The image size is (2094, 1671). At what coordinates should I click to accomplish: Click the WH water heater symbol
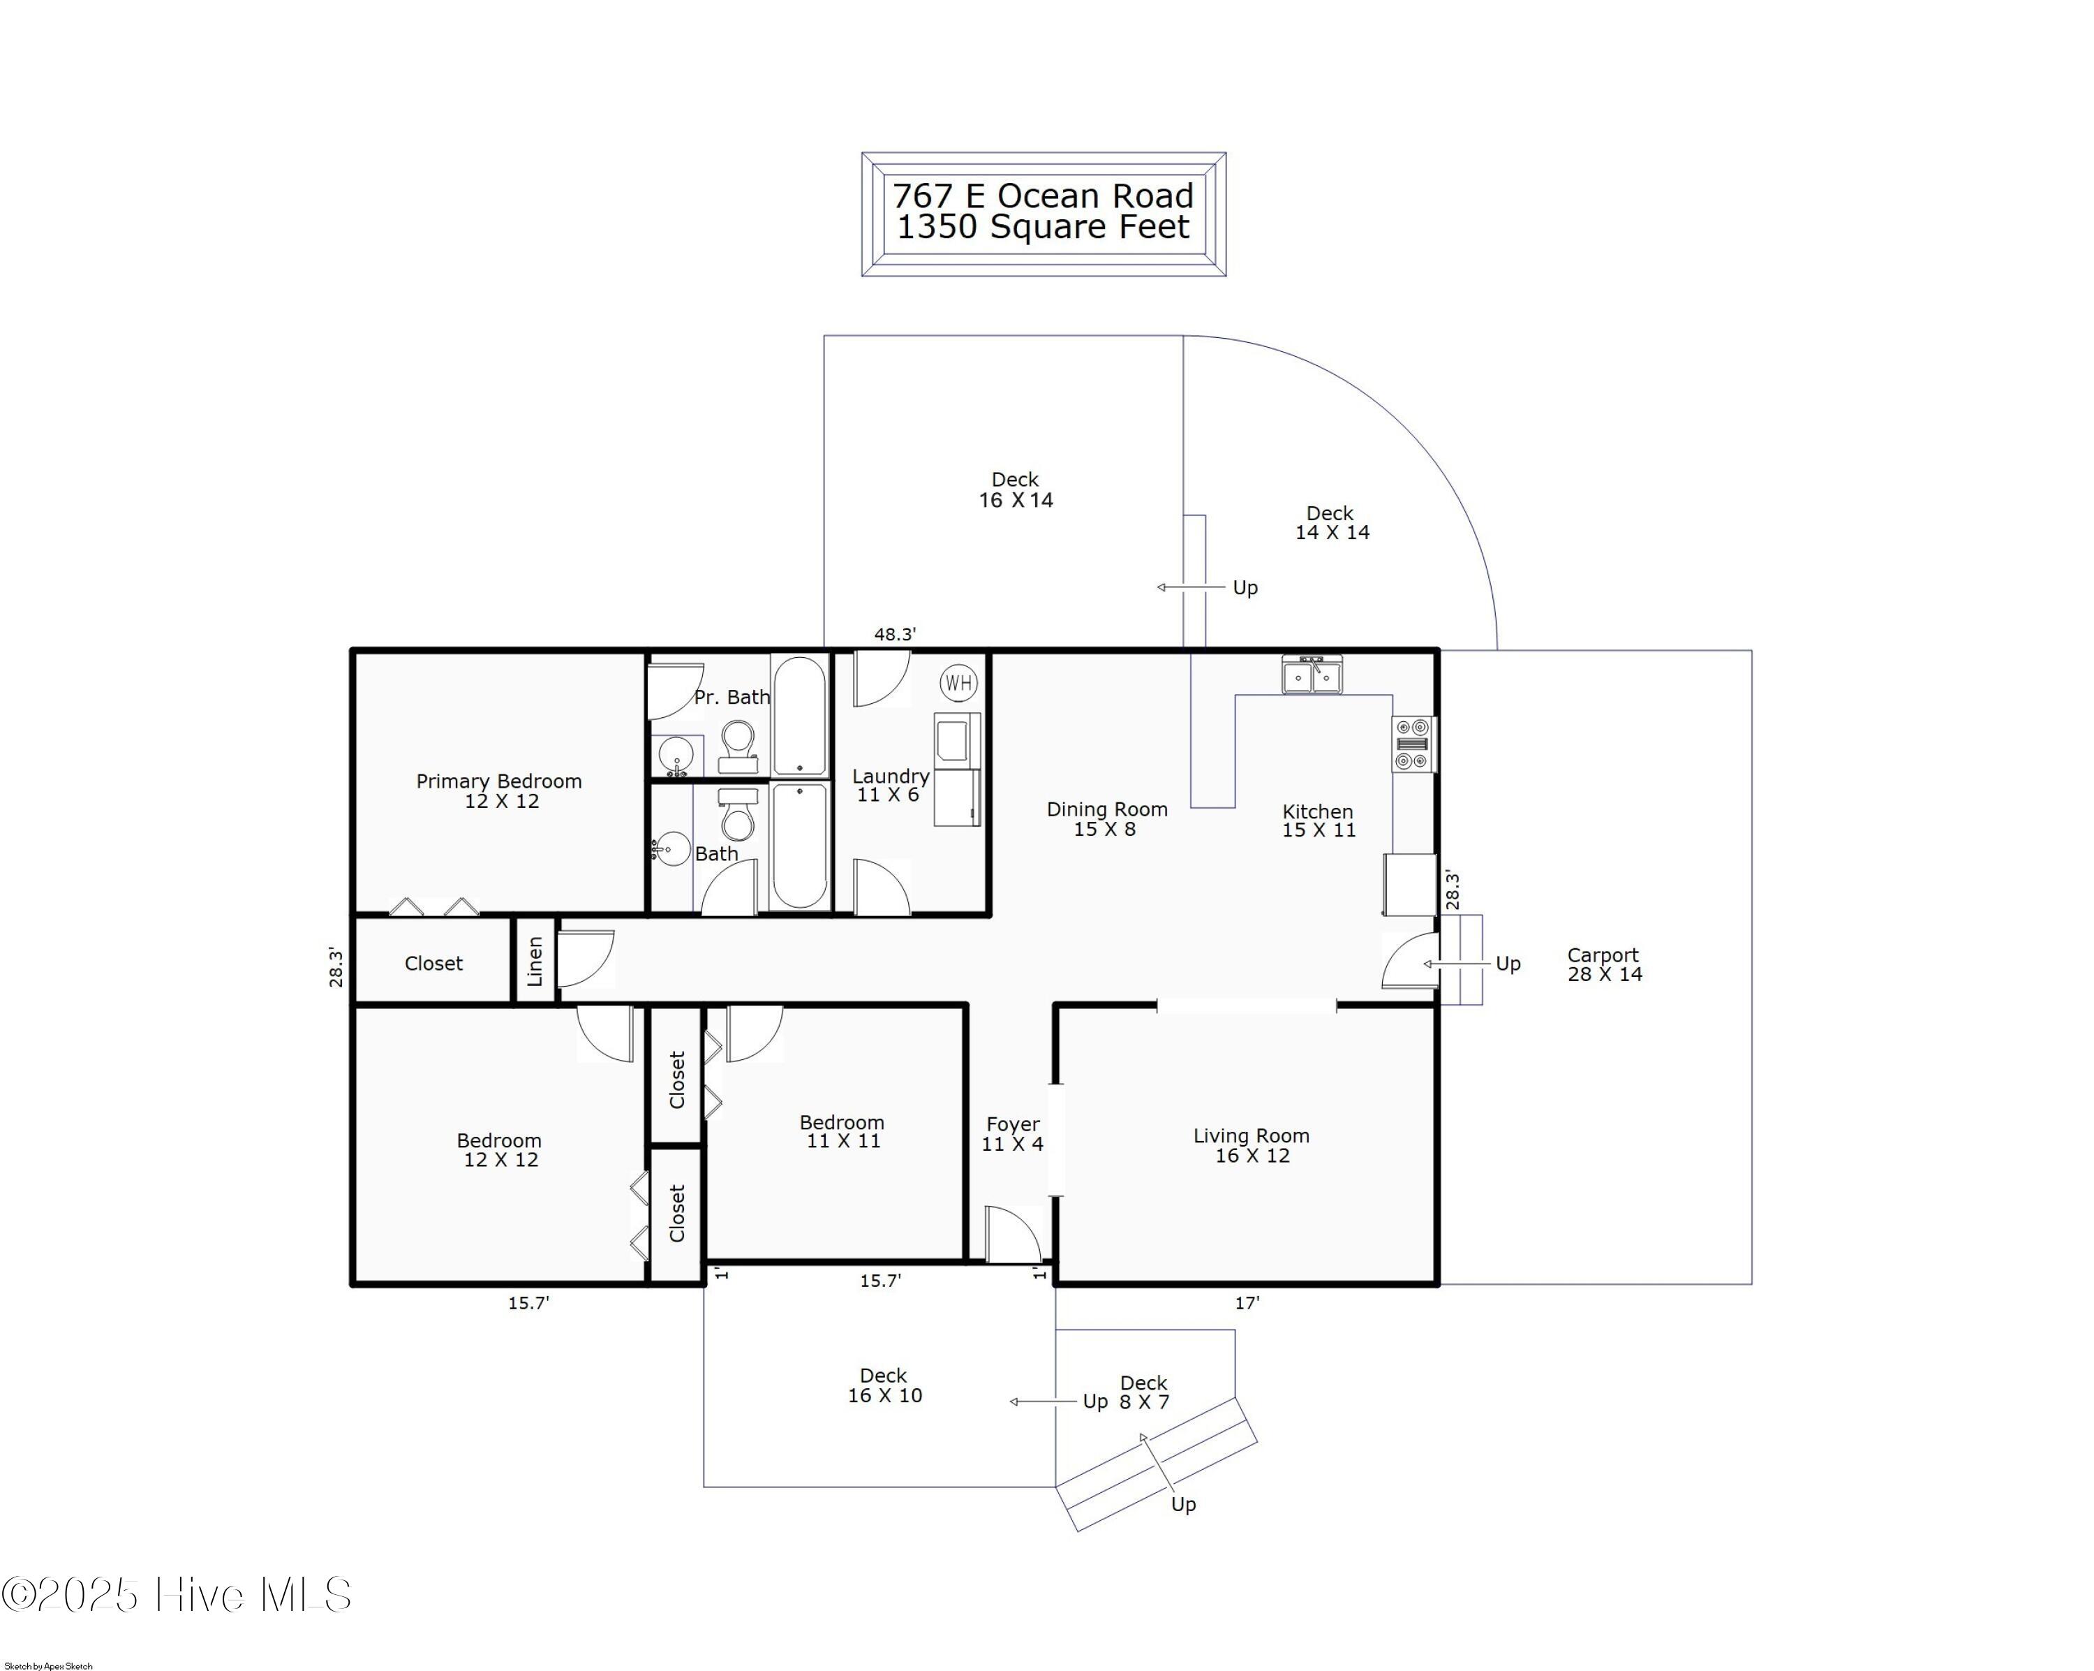pyautogui.click(x=958, y=682)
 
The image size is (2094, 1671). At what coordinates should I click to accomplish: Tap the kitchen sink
pyautogui.click(x=1312, y=675)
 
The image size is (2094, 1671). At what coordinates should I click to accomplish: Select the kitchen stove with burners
pyautogui.click(x=1414, y=744)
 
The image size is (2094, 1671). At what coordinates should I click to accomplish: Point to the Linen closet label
pyautogui.click(x=534, y=961)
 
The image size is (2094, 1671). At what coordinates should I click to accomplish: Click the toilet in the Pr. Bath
pyautogui.click(x=738, y=745)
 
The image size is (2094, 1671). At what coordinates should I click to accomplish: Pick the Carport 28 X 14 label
pyautogui.click(x=1603, y=965)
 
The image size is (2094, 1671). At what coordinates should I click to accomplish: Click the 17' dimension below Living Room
pyautogui.click(x=1247, y=1303)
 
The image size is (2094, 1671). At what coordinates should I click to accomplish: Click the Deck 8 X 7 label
pyautogui.click(x=1144, y=1392)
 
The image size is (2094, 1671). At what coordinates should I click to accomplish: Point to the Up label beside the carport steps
pyautogui.click(x=1508, y=964)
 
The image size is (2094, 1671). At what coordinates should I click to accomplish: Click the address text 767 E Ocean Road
pyautogui.click(x=1043, y=196)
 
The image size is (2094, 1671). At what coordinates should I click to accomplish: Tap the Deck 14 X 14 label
pyautogui.click(x=1332, y=523)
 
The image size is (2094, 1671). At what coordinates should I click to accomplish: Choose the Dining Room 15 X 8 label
pyautogui.click(x=1106, y=819)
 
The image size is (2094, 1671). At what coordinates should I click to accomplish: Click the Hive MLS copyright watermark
pyautogui.click(x=177, y=1595)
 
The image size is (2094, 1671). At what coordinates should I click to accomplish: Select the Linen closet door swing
pyautogui.click(x=586, y=959)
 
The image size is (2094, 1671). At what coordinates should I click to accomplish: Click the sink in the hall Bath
pyautogui.click(x=671, y=849)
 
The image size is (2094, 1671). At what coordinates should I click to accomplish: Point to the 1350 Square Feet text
pyautogui.click(x=1043, y=228)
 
